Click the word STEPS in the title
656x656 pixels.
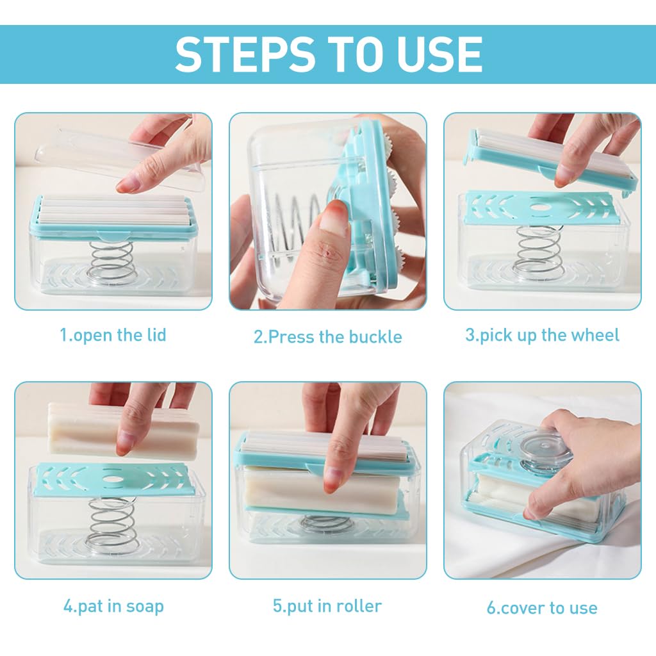point(245,54)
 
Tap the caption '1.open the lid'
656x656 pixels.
point(113,336)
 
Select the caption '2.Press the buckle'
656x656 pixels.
point(327,337)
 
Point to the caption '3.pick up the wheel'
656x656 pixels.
point(542,336)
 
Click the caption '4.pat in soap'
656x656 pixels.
point(113,607)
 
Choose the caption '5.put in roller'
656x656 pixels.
point(327,606)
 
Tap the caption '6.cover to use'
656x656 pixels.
point(542,608)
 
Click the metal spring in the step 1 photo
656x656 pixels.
point(111,262)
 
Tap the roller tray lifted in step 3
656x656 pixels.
point(552,160)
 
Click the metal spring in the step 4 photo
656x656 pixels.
point(111,522)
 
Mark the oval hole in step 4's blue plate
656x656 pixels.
point(112,479)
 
